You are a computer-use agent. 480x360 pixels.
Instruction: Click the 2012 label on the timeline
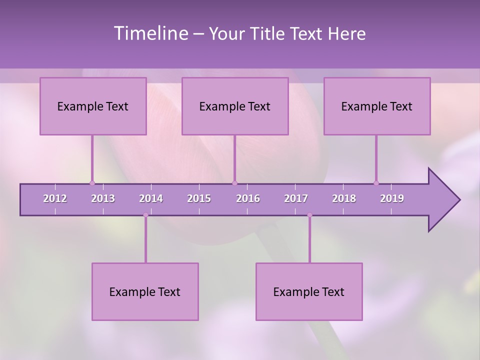click(x=55, y=198)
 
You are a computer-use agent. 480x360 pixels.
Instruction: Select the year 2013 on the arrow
click(x=103, y=198)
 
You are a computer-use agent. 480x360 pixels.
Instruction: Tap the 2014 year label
click(x=151, y=198)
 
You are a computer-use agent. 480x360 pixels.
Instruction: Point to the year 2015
click(x=199, y=198)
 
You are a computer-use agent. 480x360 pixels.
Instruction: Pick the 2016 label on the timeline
click(x=248, y=198)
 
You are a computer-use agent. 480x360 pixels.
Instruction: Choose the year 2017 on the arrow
click(x=296, y=198)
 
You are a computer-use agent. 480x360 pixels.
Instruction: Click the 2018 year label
click(x=344, y=198)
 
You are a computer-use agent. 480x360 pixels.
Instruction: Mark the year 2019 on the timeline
click(x=392, y=198)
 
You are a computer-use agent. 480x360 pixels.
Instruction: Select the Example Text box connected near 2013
click(x=93, y=106)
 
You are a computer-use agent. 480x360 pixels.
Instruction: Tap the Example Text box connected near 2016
click(x=235, y=106)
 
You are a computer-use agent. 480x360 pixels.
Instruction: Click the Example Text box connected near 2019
click(x=377, y=106)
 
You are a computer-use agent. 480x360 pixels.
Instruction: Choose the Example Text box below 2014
click(x=145, y=291)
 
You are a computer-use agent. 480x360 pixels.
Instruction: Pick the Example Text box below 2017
click(x=309, y=291)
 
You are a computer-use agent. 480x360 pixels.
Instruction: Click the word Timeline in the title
click(x=150, y=33)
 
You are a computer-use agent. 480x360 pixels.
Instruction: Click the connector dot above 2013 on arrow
click(x=92, y=183)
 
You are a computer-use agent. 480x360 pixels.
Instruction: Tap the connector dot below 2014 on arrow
click(x=145, y=215)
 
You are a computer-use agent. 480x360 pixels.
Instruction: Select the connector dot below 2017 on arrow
click(x=309, y=215)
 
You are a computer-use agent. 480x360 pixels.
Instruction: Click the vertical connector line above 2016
click(x=234, y=157)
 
